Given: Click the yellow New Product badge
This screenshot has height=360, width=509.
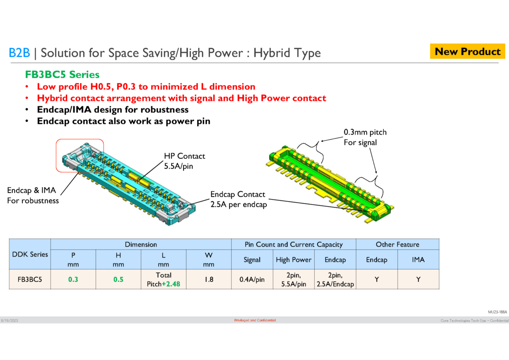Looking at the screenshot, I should pyautogui.click(x=468, y=52).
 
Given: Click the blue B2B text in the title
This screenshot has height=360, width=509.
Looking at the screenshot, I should pyautogui.click(x=19, y=53).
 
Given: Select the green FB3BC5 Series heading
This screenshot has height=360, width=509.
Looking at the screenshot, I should pyautogui.click(x=62, y=75).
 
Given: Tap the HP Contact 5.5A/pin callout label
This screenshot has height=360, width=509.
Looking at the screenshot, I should pyautogui.click(x=184, y=161).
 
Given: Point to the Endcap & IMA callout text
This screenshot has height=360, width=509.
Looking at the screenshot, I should pyautogui.click(x=33, y=195).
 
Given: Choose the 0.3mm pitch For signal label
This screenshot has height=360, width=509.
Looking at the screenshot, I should pyautogui.click(x=365, y=137).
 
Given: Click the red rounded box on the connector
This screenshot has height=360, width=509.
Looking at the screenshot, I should pyautogui.click(x=80, y=155).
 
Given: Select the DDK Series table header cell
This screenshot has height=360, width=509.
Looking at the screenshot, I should pyautogui.click(x=30, y=254).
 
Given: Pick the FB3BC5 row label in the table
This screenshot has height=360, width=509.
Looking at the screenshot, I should pyautogui.click(x=30, y=280).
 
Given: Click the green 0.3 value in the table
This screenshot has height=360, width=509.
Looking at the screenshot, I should pyautogui.click(x=73, y=280).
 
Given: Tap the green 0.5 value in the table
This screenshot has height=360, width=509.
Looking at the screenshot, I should pyautogui.click(x=118, y=280).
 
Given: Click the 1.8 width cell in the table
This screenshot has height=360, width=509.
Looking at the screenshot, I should pyautogui.click(x=208, y=280).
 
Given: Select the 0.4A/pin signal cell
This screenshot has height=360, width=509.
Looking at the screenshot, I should pyautogui.click(x=252, y=280).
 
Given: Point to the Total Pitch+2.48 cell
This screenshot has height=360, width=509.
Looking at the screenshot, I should pyautogui.click(x=163, y=280).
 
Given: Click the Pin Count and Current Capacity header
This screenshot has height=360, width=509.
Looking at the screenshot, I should pyautogui.click(x=293, y=245).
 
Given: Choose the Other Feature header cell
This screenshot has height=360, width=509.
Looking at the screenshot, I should pyautogui.click(x=397, y=245).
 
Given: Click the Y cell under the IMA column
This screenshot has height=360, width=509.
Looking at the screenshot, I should pyautogui.click(x=418, y=280).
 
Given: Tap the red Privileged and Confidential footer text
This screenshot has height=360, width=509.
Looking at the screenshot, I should pyautogui.click(x=255, y=320).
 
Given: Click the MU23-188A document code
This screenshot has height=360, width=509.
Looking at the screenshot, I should pyautogui.click(x=497, y=312).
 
